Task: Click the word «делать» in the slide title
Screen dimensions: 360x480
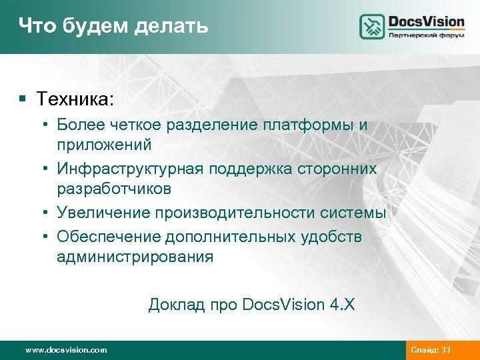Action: click(172, 26)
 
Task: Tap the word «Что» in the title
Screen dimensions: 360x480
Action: click(33, 26)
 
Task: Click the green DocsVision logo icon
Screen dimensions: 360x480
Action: click(372, 27)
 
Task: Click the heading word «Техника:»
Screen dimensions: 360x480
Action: click(75, 99)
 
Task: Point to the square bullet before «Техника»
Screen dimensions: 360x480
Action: click(22, 100)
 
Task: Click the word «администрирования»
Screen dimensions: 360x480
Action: click(135, 257)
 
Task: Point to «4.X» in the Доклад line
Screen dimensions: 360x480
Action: click(342, 305)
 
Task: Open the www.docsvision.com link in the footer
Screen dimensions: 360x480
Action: click(65, 350)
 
